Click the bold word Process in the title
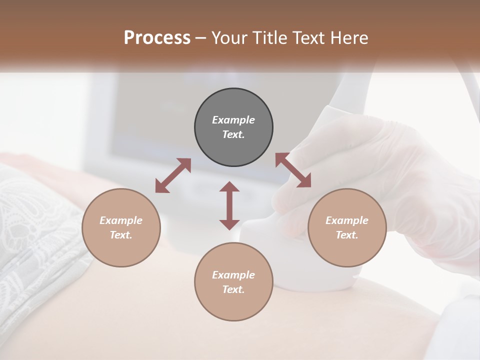point(157,38)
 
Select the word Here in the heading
point(349,38)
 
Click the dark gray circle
point(233,127)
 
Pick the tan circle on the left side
point(121,227)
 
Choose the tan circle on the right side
point(347,227)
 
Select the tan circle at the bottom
point(233,282)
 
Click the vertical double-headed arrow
point(229,205)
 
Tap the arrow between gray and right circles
point(293,170)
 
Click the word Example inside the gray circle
point(233,120)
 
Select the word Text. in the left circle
point(121,235)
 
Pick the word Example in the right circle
point(347,220)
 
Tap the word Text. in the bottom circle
point(233,289)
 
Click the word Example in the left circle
point(121,220)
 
